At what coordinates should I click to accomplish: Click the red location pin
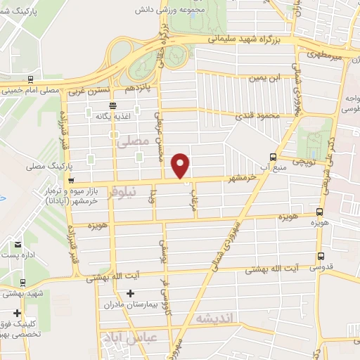(181, 165)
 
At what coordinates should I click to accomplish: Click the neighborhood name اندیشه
(219, 318)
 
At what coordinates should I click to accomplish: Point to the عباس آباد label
(122, 337)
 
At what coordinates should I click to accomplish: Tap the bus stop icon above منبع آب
(274, 157)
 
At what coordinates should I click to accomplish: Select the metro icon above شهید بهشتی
(23, 283)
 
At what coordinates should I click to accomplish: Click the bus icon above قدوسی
(321, 257)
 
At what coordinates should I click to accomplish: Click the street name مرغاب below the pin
(188, 200)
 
